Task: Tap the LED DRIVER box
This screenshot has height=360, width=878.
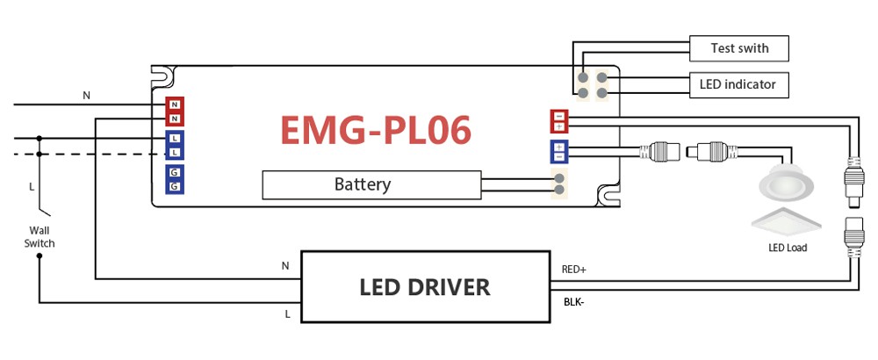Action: [425, 286]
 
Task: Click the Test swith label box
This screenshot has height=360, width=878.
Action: [738, 47]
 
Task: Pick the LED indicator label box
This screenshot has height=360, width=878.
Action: [738, 84]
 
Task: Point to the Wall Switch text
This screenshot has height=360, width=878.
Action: [40, 236]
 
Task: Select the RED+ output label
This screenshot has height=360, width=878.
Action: [573, 270]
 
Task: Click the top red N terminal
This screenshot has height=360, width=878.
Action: [176, 104]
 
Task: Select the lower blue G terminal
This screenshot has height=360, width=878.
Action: [176, 187]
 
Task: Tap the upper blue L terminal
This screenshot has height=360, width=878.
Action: [176, 139]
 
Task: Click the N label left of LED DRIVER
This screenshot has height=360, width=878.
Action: [284, 265]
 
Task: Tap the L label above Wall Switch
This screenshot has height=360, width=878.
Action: [32, 187]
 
